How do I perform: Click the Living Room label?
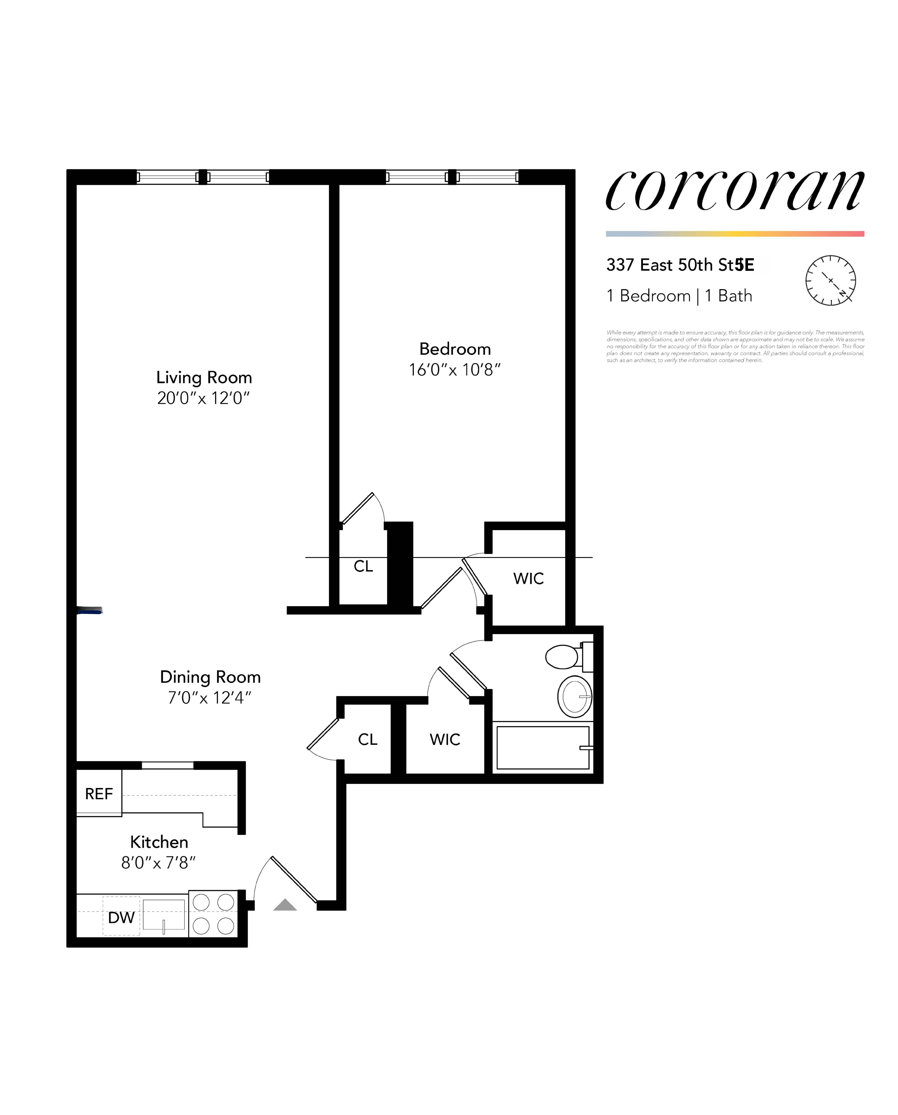(x=204, y=377)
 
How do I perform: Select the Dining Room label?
(x=210, y=677)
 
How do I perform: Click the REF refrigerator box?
(x=99, y=794)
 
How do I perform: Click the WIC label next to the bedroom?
(x=529, y=578)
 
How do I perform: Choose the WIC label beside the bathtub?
(x=445, y=740)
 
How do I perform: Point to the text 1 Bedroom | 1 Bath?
(x=679, y=296)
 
